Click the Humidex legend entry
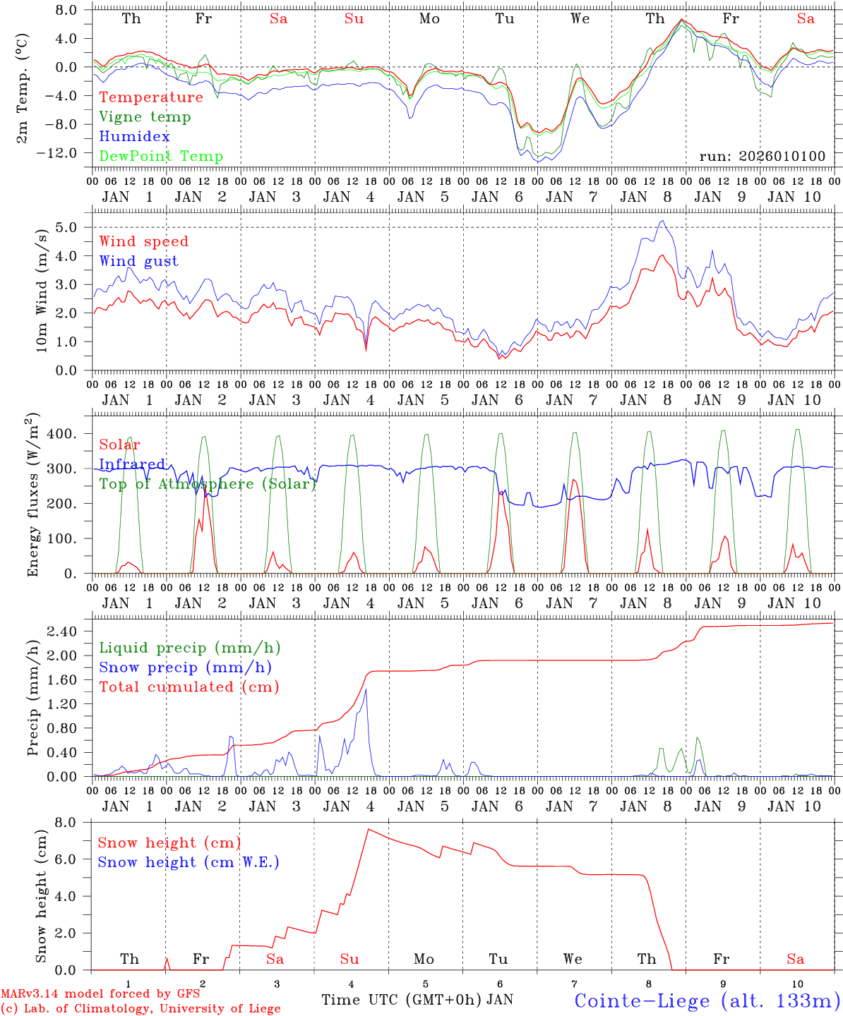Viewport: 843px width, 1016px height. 134,137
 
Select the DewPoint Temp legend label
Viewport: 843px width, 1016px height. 161,157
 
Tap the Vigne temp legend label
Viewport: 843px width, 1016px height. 145,117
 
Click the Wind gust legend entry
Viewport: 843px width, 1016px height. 138,261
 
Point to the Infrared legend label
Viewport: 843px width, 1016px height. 132,464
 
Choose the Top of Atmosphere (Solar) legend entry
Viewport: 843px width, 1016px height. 207,484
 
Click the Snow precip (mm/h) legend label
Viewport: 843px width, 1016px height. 185,667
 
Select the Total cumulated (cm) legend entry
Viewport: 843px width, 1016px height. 189,687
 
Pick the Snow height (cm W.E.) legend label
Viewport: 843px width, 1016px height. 188,862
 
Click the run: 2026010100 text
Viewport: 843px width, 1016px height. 762,157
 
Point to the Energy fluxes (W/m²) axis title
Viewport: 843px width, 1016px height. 33,496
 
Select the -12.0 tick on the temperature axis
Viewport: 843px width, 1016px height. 61,153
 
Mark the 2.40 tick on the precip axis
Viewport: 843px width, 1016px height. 68,631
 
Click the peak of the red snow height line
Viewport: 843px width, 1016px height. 368,829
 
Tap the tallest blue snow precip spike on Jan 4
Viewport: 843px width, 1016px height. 366,689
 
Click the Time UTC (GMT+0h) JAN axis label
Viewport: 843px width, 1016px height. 417,1000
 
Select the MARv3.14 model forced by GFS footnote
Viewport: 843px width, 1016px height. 100,994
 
